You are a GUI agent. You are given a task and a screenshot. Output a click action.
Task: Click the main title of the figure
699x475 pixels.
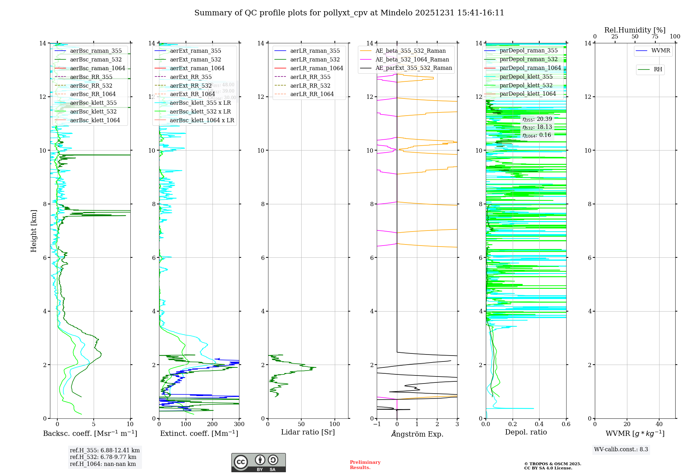(x=349, y=13)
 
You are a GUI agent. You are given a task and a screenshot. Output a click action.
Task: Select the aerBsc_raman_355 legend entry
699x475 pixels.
(x=96, y=51)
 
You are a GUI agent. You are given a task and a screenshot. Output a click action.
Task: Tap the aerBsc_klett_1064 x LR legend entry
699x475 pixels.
(x=202, y=120)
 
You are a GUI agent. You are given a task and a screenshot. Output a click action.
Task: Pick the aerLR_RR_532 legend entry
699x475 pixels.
(x=310, y=86)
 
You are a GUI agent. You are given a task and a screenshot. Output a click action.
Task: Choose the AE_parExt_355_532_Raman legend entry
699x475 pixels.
(x=413, y=68)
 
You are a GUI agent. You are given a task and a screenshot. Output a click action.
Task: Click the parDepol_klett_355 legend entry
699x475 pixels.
(x=526, y=77)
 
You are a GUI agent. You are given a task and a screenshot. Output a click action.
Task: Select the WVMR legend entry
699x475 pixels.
(x=661, y=51)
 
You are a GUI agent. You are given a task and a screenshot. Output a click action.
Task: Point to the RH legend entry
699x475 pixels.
(x=658, y=70)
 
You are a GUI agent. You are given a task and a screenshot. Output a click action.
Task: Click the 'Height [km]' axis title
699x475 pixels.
(x=34, y=231)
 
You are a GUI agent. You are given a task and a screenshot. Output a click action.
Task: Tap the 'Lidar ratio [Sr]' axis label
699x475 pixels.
(x=308, y=432)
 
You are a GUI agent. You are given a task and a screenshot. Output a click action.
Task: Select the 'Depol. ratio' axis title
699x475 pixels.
(x=526, y=432)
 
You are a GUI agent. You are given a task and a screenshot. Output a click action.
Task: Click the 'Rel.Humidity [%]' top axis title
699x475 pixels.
(x=635, y=30)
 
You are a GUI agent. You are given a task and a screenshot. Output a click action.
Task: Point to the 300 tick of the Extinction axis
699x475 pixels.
(x=239, y=424)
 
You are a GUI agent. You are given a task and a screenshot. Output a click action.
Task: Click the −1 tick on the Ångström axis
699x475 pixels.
(x=376, y=424)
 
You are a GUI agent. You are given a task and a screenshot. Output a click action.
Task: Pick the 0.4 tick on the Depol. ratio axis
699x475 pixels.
(x=539, y=424)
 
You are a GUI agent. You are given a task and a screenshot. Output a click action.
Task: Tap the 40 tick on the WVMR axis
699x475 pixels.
(x=659, y=424)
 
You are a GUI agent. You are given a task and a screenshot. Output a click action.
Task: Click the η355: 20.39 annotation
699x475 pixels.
(x=537, y=119)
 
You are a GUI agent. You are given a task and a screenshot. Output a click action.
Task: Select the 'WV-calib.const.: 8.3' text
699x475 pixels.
(x=621, y=450)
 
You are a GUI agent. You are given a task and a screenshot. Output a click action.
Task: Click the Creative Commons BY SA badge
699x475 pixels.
(x=258, y=463)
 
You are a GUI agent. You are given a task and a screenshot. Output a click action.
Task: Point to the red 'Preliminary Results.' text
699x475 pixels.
(x=365, y=465)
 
